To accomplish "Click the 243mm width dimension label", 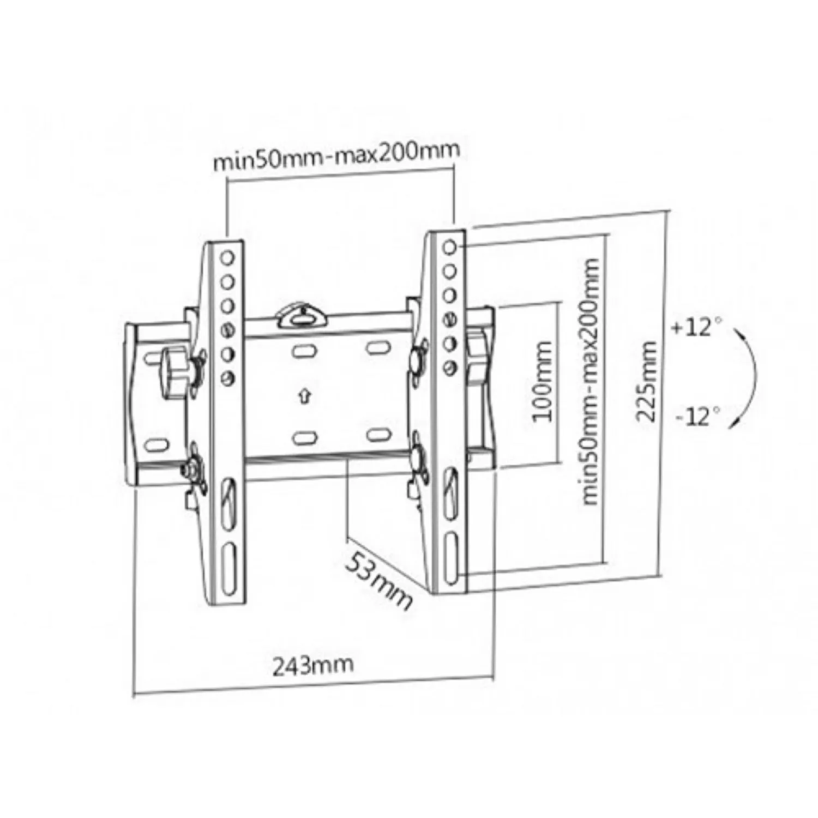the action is point(312,664).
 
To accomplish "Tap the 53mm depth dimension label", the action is point(378,579).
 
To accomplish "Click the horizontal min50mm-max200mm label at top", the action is point(336,156).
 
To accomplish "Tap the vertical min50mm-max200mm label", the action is point(591,382).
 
